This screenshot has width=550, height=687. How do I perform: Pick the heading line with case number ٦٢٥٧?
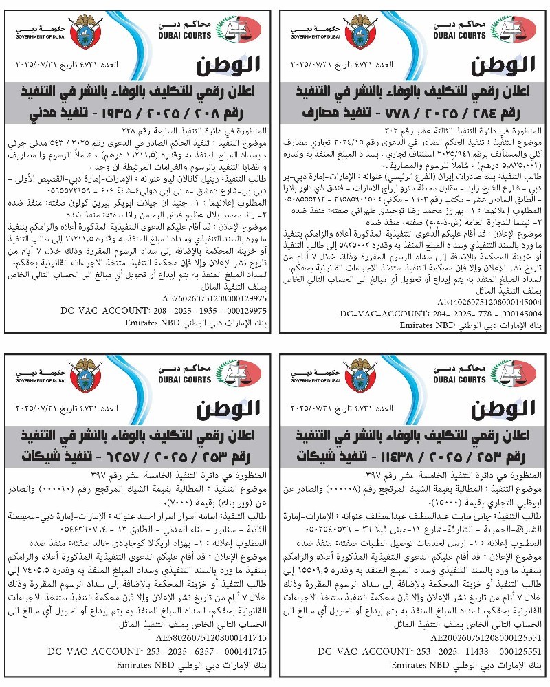tap(138, 455)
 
